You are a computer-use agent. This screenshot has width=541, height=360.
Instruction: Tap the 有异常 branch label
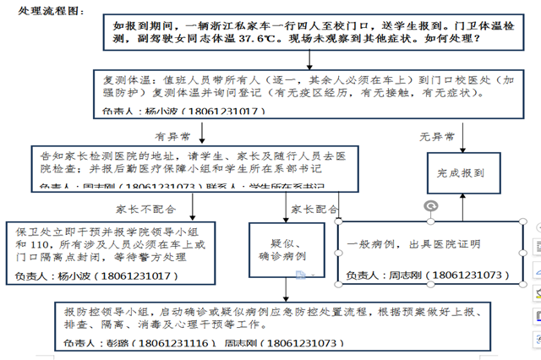click(x=172, y=134)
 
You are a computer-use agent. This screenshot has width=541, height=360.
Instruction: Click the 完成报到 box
click(x=461, y=172)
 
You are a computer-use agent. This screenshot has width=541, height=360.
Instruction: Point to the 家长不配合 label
click(x=140, y=209)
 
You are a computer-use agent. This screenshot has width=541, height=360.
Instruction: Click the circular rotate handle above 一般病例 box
click(x=430, y=205)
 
